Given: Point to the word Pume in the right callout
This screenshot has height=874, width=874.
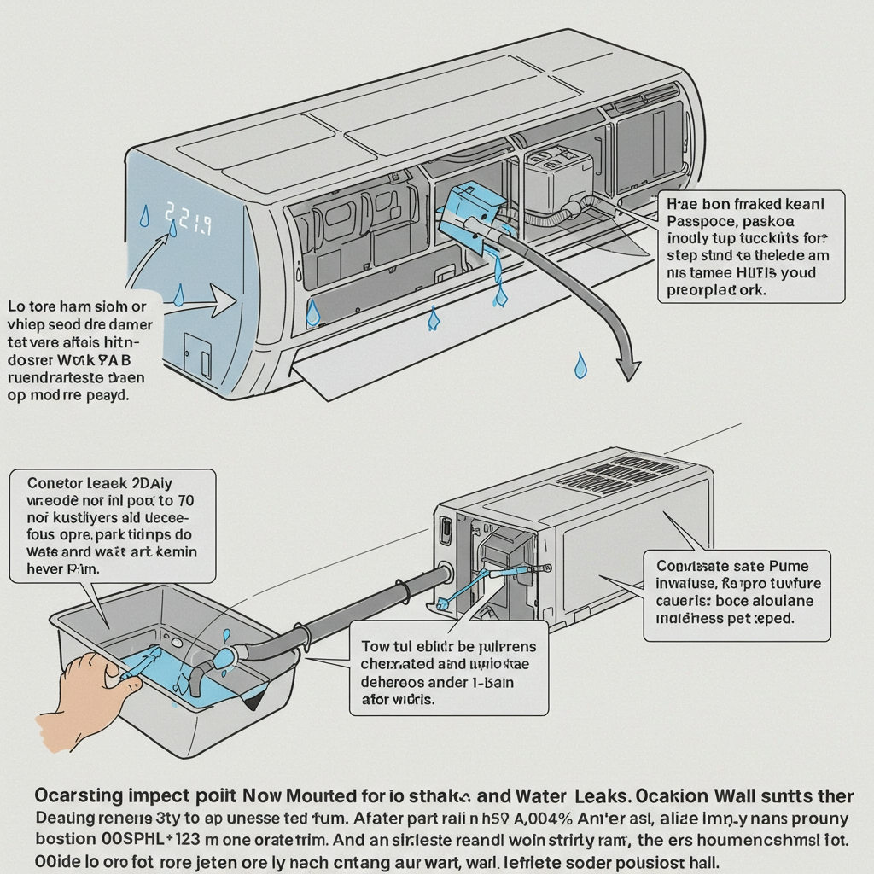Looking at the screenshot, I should [x=789, y=565].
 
